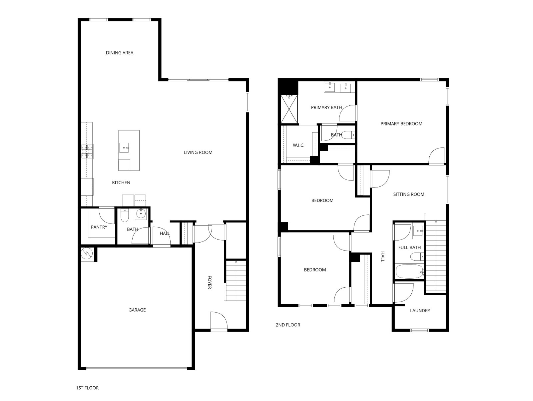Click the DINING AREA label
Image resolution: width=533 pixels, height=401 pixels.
pyautogui.click(x=120, y=53)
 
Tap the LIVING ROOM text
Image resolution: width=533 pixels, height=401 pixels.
pyautogui.click(x=198, y=152)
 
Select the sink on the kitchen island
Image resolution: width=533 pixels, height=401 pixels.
pyautogui.click(x=124, y=147)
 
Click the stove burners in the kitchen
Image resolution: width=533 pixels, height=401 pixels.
pyautogui.click(x=87, y=151)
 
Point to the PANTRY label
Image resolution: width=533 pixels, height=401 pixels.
pyautogui.click(x=99, y=227)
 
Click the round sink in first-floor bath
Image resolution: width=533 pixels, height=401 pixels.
pyautogui.click(x=141, y=214)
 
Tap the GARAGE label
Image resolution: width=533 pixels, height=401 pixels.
pyautogui.click(x=137, y=310)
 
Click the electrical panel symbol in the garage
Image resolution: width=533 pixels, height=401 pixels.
pyautogui.click(x=87, y=254)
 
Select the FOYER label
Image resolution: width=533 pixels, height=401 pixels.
pyautogui.click(x=210, y=282)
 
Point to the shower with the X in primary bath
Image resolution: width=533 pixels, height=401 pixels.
pyautogui.click(x=289, y=109)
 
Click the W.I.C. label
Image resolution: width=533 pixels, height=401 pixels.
pyautogui.click(x=298, y=145)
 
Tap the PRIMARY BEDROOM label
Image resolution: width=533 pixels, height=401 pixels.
pyautogui.click(x=401, y=124)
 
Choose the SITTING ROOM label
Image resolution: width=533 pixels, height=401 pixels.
pyautogui.click(x=409, y=194)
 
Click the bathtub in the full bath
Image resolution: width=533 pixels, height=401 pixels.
pyautogui.click(x=409, y=271)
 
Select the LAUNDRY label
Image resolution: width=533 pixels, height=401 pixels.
pyautogui.click(x=420, y=311)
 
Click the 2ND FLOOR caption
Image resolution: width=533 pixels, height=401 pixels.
pyautogui.click(x=288, y=325)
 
